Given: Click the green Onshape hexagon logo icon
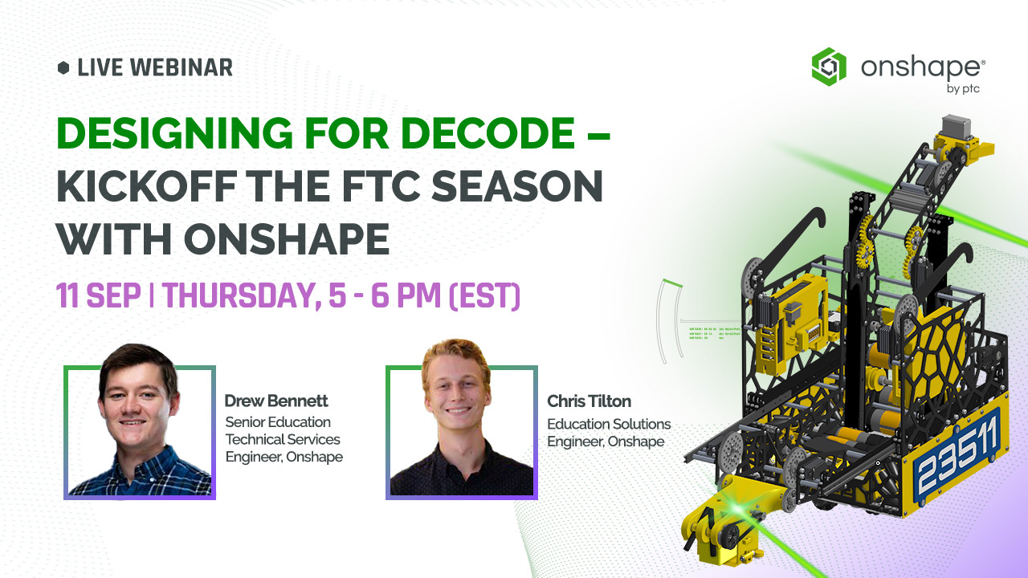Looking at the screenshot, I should pyautogui.click(x=829, y=67).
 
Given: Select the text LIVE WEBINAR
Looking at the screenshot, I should pyautogui.click(x=155, y=68).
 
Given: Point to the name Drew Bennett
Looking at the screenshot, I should pyautogui.click(x=276, y=401).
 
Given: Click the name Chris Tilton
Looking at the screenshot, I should pyautogui.click(x=589, y=401).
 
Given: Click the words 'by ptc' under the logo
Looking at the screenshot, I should pyautogui.click(x=963, y=88).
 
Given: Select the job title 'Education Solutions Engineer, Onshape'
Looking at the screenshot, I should pyautogui.click(x=608, y=433).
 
